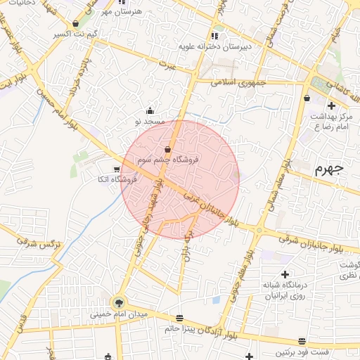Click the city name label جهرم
tap(328, 169)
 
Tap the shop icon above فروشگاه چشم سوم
tap(167, 149)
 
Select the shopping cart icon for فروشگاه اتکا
tap(117, 169)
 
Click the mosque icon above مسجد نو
tap(150, 110)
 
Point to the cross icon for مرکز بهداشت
tap(331, 105)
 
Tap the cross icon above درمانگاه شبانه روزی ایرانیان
tap(285, 274)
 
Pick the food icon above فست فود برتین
tap(302, 340)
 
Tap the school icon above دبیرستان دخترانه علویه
tap(214, 35)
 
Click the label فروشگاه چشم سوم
tap(169, 160)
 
